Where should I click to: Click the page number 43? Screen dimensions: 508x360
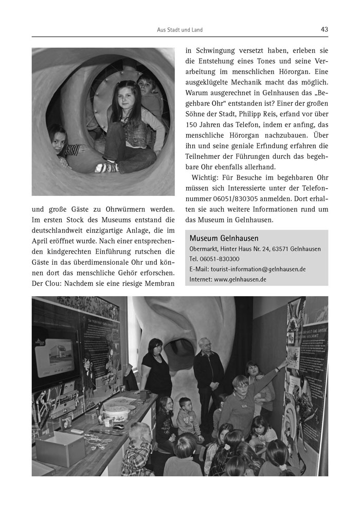(324, 29)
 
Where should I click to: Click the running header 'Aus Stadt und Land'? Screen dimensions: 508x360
(179, 30)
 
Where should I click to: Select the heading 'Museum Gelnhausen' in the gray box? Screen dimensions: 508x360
(224, 238)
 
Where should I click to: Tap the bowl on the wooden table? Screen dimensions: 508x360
(117, 414)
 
